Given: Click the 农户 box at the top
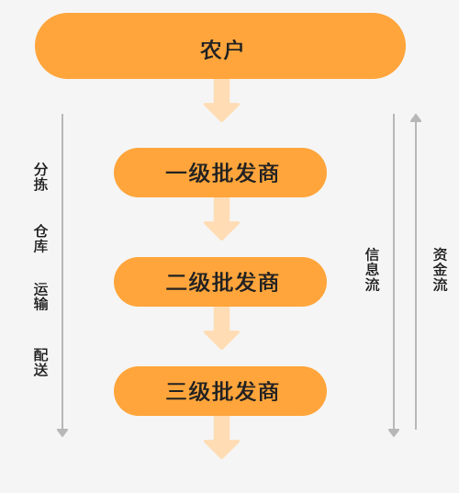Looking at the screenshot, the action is (220, 46).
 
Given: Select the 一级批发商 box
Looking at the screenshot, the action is (220, 173).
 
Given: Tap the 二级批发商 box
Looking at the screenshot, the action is (220, 282).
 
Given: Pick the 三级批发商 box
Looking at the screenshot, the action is (220, 391).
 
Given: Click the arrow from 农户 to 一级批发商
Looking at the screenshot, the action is (221, 101).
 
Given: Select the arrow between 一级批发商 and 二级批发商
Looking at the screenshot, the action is (221, 219).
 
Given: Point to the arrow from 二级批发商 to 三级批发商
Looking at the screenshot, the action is (221, 329).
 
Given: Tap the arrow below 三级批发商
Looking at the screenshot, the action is (221, 437).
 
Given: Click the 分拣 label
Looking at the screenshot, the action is (41, 176).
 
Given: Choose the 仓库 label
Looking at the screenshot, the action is (41, 239).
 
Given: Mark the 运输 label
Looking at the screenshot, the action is (41, 297).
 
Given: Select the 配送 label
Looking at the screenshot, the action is (41, 362).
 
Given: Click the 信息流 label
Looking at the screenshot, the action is (372, 270).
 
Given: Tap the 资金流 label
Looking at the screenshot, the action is (440, 270).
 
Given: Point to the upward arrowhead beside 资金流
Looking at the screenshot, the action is (416, 118).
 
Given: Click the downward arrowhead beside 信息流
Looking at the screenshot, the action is (394, 433).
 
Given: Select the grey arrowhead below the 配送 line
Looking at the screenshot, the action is (62, 433).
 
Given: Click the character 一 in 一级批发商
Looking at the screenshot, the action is (176, 174).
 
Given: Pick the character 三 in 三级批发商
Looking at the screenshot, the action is (176, 391).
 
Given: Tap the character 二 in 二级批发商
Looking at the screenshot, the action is (176, 282).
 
